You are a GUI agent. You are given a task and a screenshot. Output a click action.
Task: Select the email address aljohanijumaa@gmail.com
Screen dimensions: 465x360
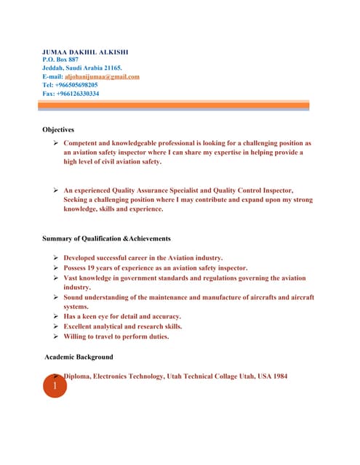click(102, 76)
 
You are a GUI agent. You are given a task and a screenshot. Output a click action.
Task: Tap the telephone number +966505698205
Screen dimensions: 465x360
click(76, 85)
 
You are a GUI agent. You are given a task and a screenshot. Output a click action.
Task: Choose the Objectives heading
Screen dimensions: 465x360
click(58, 129)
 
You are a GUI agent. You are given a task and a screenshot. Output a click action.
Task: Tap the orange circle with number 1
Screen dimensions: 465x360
click(55, 387)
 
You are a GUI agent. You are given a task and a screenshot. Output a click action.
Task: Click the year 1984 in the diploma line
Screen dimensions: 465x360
click(279, 376)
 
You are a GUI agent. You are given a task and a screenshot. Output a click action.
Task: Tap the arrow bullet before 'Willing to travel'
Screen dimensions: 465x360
click(56, 336)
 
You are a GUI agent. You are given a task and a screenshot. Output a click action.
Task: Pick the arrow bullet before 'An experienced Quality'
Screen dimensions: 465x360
click(56, 190)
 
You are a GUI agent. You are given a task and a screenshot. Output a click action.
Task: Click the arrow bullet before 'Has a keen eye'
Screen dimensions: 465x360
click(56, 317)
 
